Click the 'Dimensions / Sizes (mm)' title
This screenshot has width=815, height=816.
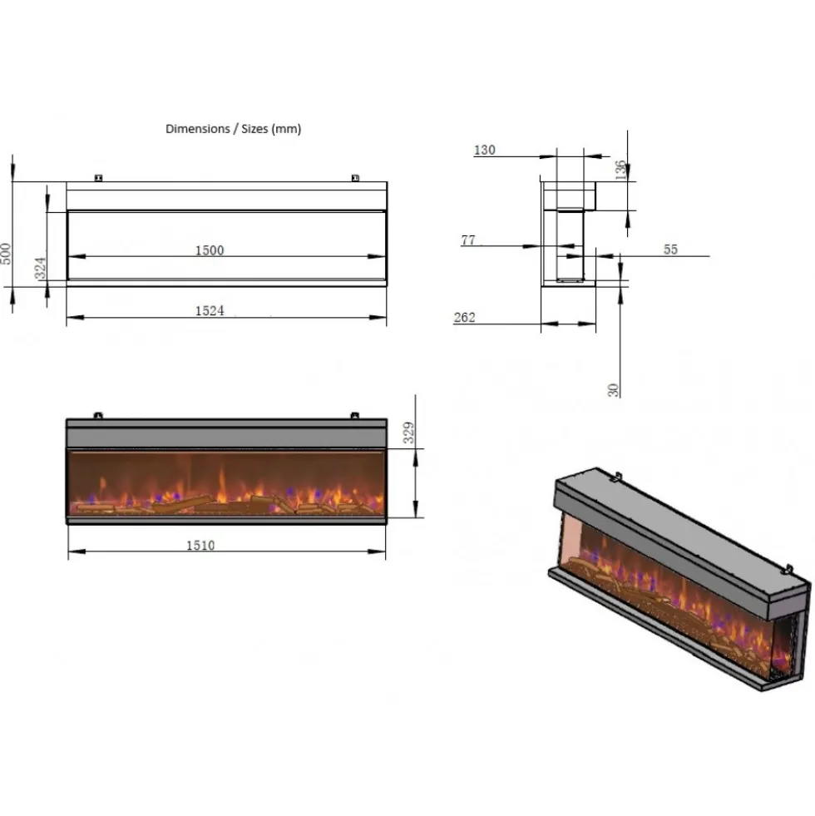click(233, 129)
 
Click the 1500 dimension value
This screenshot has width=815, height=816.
click(210, 250)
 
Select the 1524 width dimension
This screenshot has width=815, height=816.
click(210, 311)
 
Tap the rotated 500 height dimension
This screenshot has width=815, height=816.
click(6, 254)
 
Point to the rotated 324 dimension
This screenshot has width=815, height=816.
click(40, 268)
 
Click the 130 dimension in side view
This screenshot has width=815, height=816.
click(484, 150)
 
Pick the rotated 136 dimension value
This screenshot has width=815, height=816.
click(620, 170)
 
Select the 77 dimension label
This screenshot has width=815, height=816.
click(468, 240)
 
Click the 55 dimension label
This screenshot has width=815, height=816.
click(670, 250)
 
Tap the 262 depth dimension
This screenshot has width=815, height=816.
click(464, 318)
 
